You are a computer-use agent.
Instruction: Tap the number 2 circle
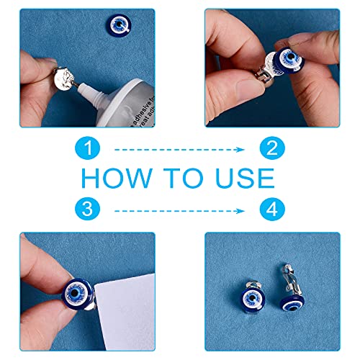click(x=271, y=149)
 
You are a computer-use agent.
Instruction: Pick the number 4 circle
click(x=271, y=210)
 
